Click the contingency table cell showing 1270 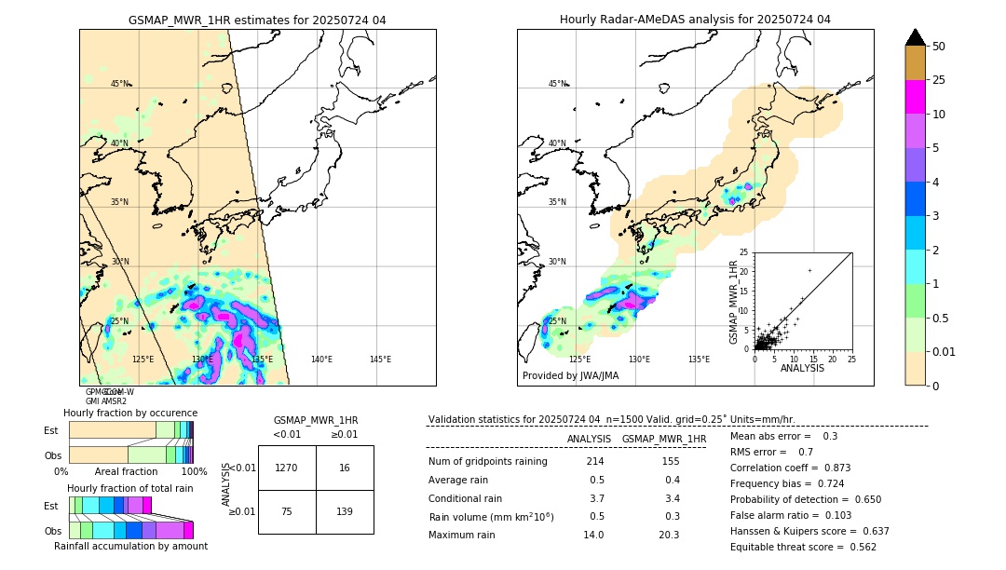tap(287, 468)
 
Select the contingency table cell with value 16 tap(345, 468)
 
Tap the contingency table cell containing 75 tap(287, 511)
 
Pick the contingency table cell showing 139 tap(345, 511)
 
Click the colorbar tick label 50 tap(939, 47)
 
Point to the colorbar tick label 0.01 tap(945, 351)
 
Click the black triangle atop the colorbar tap(916, 37)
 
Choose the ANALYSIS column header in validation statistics tap(589, 439)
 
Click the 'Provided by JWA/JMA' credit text tap(570, 376)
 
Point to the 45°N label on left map tap(120, 84)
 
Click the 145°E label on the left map tap(380, 360)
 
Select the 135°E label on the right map tap(699, 360)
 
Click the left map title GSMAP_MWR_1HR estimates tap(257, 20)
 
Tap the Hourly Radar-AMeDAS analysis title tap(695, 20)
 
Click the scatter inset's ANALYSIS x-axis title tap(802, 368)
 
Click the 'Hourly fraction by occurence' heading tap(130, 413)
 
